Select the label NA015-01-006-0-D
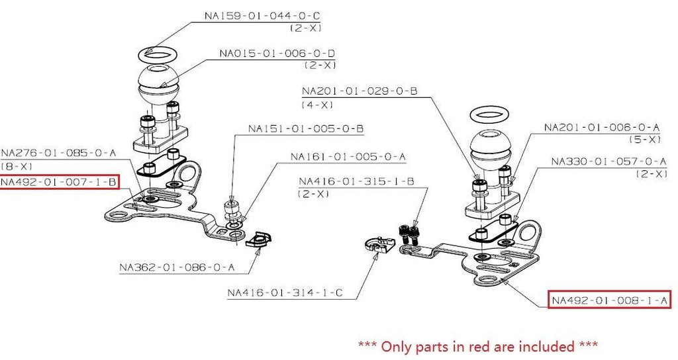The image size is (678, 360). [279, 53]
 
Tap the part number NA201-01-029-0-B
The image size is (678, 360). [359, 91]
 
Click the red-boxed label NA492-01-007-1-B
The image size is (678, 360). [59, 182]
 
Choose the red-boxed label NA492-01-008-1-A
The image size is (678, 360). [610, 300]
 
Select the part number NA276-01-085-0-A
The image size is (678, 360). [59, 153]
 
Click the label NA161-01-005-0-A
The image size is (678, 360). [348, 157]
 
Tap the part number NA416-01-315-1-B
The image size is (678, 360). [356, 181]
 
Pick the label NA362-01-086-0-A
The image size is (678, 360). [177, 268]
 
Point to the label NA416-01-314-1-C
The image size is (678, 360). [285, 292]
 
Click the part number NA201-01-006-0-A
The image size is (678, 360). [602, 127]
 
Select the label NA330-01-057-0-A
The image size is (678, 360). [608, 161]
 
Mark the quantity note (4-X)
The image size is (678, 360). [317, 105]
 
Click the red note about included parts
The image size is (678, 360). [477, 345]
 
